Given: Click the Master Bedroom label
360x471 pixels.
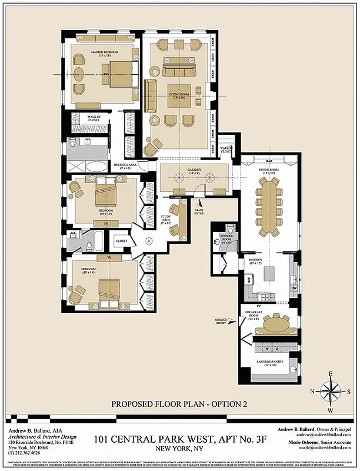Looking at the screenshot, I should pyautogui.click(x=105, y=55).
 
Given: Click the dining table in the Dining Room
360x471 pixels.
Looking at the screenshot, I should pyautogui.click(x=271, y=206).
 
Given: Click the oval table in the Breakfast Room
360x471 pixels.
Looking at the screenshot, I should pyautogui.click(x=272, y=324).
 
